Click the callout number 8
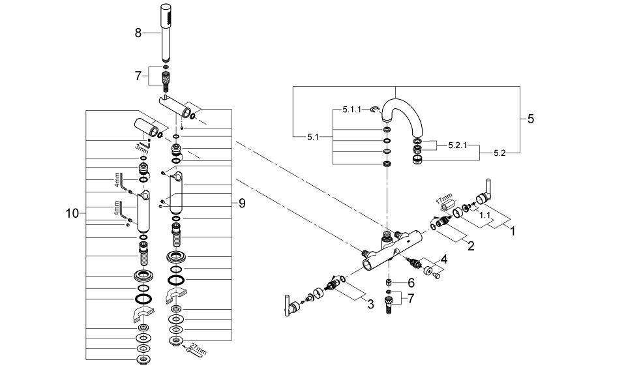pyautogui.click(x=138, y=32)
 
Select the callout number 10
pyautogui.click(x=73, y=213)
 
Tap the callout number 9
pyautogui.click(x=241, y=203)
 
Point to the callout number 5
pyautogui.click(x=530, y=119)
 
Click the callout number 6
pyautogui.click(x=410, y=283)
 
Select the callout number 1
pyautogui.click(x=513, y=230)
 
